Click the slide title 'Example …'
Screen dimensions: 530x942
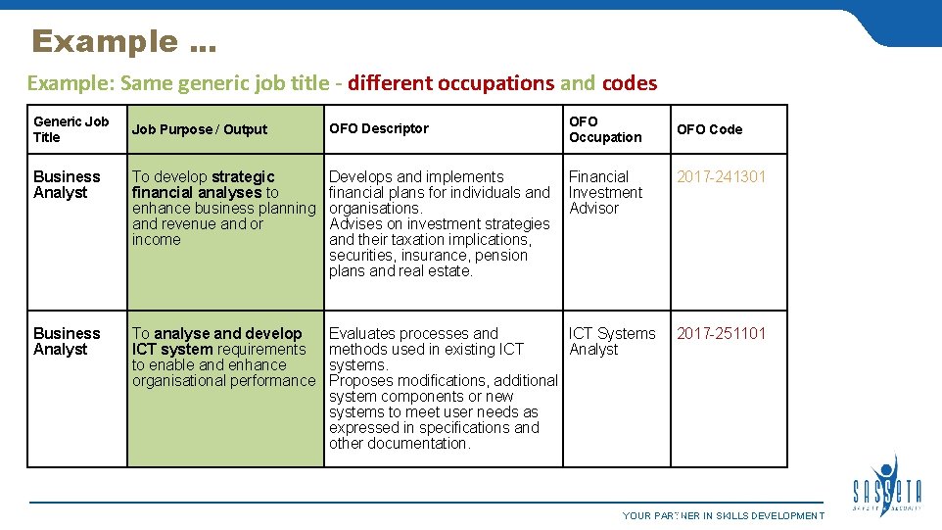(124, 42)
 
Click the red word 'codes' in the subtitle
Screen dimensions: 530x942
(630, 83)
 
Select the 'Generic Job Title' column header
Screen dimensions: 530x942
(71, 129)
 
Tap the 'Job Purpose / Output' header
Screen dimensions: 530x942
(200, 129)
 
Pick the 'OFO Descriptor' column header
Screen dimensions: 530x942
(379, 128)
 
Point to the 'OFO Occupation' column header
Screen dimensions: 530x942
(605, 129)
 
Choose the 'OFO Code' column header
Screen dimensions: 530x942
(710, 129)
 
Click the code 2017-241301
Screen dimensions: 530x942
(722, 176)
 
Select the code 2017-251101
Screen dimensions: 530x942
(722, 333)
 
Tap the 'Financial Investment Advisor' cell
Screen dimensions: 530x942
(605, 192)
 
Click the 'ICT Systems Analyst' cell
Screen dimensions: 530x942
(612, 341)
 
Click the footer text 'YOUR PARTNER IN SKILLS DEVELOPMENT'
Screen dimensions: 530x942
(724, 516)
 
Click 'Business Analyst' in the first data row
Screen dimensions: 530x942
(67, 184)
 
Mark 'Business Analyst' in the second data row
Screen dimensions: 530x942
(67, 341)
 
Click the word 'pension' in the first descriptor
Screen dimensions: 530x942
(501, 255)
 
